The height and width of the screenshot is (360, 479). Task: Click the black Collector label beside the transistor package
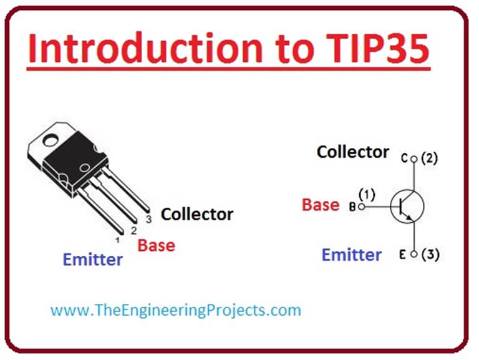coord(197,215)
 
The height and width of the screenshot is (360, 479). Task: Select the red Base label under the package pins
coord(156,245)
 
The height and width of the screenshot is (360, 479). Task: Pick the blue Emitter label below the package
coord(93,259)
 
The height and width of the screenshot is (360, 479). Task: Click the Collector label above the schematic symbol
coord(352,152)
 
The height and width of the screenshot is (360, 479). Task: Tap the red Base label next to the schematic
coord(321,205)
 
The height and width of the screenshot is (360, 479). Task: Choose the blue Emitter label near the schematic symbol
coord(351,255)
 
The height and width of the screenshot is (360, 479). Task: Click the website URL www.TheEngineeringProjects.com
coord(175,309)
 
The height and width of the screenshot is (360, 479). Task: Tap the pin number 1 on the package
coord(117,240)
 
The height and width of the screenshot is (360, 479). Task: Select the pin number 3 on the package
coord(148,219)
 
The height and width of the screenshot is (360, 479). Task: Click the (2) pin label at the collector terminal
coord(429,158)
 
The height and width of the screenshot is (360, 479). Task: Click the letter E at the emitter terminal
coord(404,255)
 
